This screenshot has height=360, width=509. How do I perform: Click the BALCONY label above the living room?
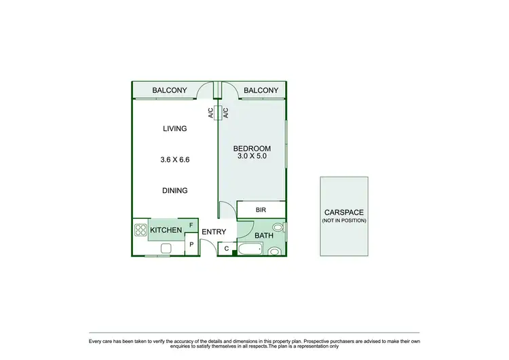click(x=170, y=90)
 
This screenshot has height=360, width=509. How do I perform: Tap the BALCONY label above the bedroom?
click(x=261, y=90)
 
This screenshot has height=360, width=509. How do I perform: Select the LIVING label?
click(x=174, y=128)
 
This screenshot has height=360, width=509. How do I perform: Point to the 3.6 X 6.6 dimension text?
click(x=174, y=160)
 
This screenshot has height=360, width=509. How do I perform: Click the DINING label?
click(x=174, y=191)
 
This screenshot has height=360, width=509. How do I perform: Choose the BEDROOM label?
click(x=252, y=149)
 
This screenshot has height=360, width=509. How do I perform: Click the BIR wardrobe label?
click(x=261, y=210)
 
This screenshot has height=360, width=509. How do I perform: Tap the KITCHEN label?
click(x=166, y=230)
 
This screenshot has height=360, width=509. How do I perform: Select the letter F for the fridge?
click(x=191, y=225)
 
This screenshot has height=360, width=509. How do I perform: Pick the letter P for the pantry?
click(x=191, y=245)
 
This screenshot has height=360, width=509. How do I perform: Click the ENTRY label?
click(x=214, y=232)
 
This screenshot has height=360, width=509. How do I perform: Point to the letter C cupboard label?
click(x=227, y=249)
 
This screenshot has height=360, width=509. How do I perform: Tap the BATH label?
click(x=263, y=236)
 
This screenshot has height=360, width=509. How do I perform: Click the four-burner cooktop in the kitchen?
click(x=141, y=230)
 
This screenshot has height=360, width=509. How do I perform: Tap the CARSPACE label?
click(x=344, y=212)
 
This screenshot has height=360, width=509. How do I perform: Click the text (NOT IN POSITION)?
click(x=344, y=221)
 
